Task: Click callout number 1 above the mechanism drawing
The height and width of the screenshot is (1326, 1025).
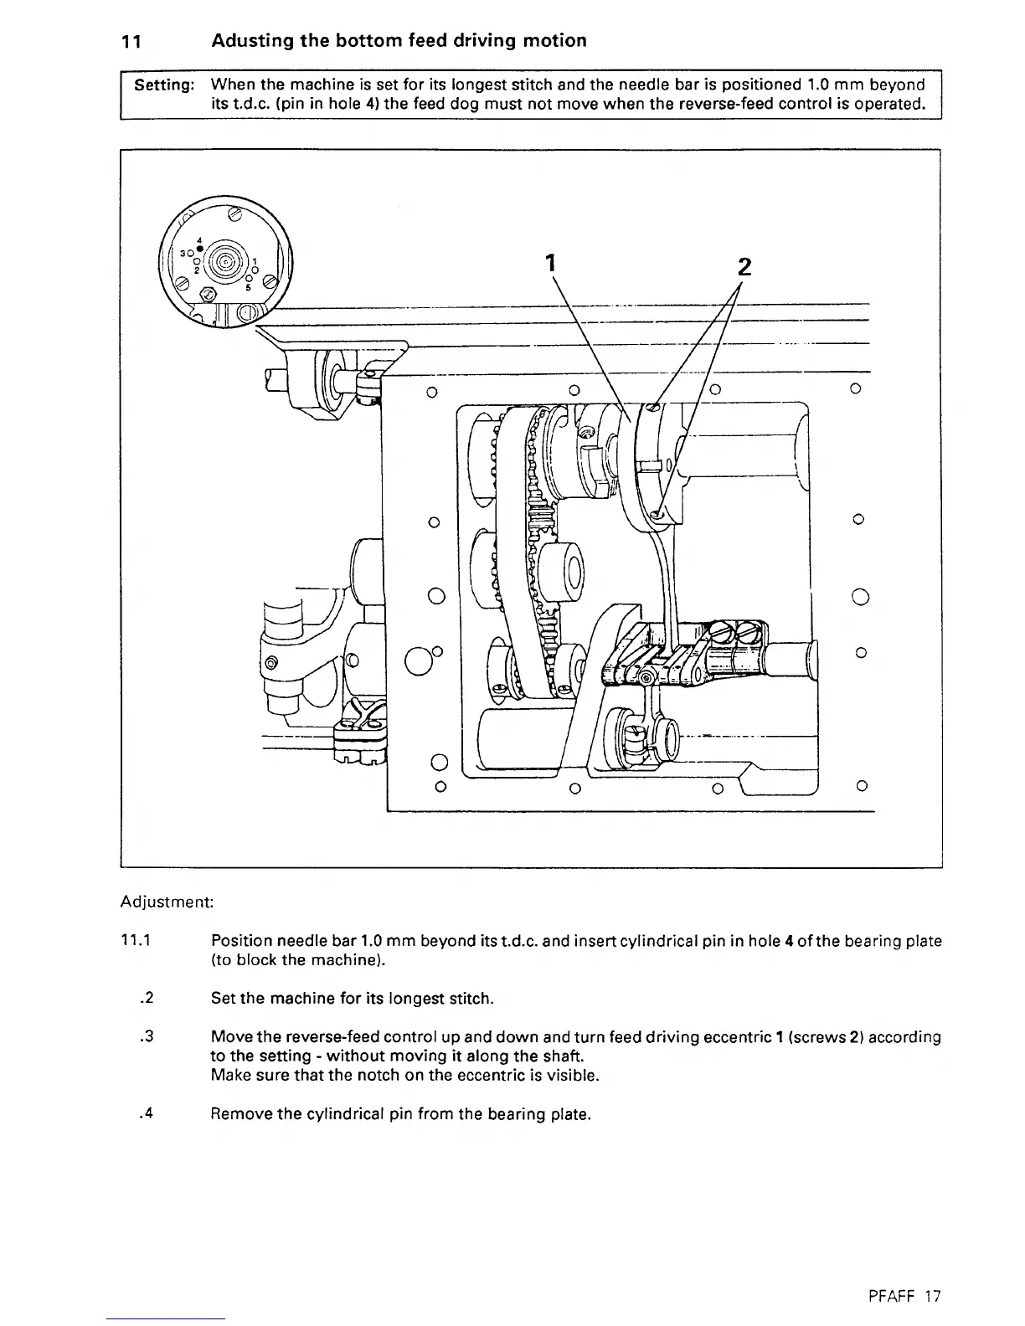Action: point(550,263)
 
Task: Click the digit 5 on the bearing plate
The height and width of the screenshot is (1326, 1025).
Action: point(249,287)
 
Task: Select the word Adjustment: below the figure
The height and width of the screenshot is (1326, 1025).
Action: point(167,902)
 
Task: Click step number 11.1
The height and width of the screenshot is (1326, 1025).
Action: point(135,941)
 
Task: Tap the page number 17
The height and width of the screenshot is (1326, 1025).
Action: point(934,1297)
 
